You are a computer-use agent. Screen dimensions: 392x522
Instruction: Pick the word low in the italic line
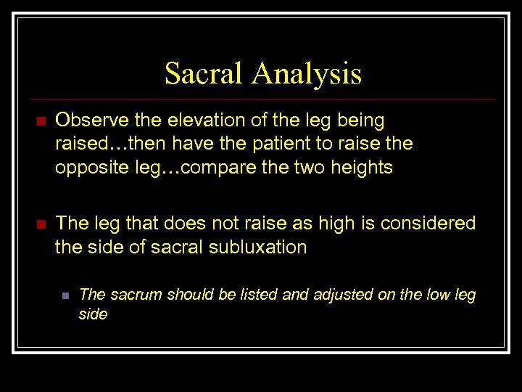439,295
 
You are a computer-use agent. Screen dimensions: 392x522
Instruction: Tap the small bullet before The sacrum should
65,295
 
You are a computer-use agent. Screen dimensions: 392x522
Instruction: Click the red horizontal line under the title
261,99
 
